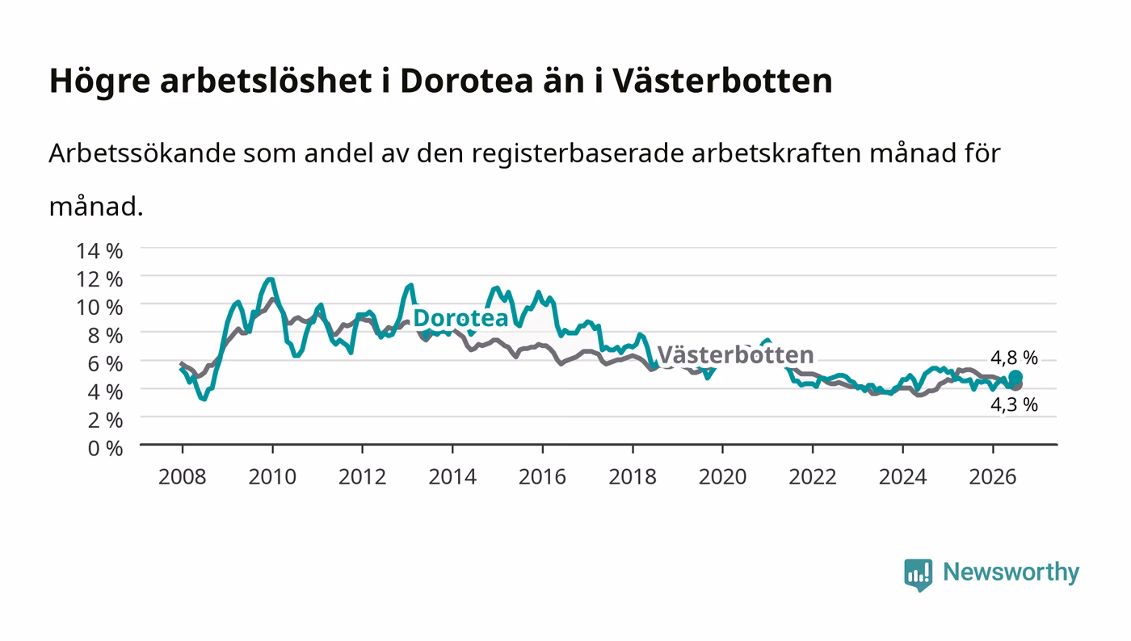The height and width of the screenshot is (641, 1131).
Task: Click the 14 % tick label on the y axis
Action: tap(99, 251)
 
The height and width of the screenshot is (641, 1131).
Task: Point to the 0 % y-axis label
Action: tap(106, 448)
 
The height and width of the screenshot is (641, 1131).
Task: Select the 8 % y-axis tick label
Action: tap(106, 336)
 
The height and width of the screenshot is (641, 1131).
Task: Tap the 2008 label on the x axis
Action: tap(183, 477)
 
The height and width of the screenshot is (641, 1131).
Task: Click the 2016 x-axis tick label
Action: tap(542, 477)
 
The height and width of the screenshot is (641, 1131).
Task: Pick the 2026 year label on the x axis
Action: tap(993, 477)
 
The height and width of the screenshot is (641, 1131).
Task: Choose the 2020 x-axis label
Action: tap(722, 477)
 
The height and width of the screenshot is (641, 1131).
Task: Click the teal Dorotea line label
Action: tap(460, 318)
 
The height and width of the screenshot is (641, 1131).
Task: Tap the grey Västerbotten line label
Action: tap(736, 355)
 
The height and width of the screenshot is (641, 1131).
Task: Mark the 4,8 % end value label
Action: tap(1014, 358)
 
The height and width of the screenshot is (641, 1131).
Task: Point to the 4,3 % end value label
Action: tap(1014, 404)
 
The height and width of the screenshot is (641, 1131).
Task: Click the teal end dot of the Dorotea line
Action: tap(1015, 377)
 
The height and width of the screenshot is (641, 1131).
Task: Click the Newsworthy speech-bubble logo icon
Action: tap(918, 575)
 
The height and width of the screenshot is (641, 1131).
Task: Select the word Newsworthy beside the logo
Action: tap(1011, 572)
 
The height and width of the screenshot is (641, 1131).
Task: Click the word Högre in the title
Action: tap(99, 82)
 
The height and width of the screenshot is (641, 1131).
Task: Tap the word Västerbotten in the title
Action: tap(722, 81)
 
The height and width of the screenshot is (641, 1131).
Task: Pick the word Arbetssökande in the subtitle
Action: tap(142, 153)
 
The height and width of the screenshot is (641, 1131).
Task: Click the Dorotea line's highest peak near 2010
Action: tap(270, 279)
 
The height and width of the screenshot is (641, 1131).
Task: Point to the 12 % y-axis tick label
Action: tap(99, 279)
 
